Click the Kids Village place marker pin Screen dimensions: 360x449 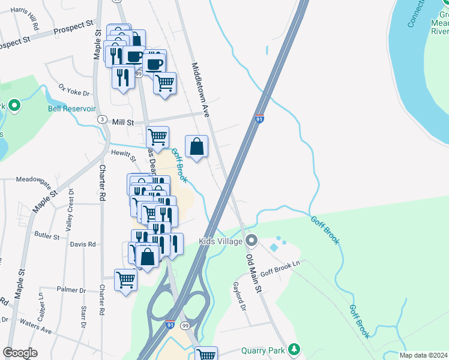pyautogui.click(x=252, y=241)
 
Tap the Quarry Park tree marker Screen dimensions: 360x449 pyautogui.click(x=294, y=349)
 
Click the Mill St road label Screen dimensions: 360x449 pyautogui.click(x=122, y=122)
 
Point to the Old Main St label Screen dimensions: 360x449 pyautogui.click(x=255, y=273)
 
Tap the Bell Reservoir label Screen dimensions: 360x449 pyautogui.click(x=72, y=109)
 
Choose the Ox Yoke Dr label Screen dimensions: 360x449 pyautogui.click(x=73, y=90)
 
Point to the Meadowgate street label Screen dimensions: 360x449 pyautogui.click(x=34, y=179)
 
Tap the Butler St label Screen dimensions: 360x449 pyautogui.click(x=47, y=236)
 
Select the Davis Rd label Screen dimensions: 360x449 pyautogui.click(x=83, y=244)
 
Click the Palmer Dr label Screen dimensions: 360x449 pyautogui.click(x=71, y=290)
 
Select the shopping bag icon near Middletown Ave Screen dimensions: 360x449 pyautogui.click(x=196, y=147)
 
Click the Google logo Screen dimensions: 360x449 pyautogui.click(x=20, y=353)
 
